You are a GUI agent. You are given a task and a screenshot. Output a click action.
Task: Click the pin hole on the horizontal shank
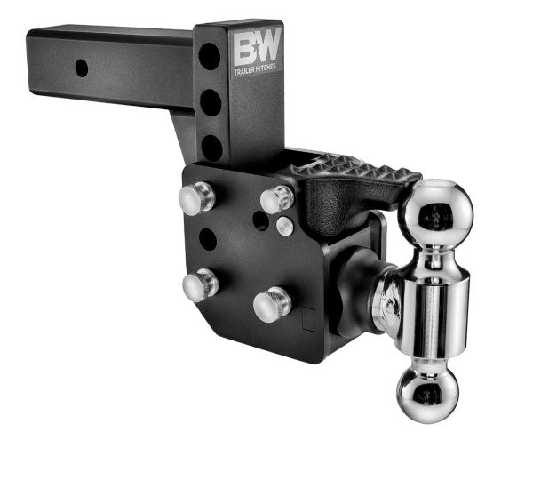click(x=81, y=67)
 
